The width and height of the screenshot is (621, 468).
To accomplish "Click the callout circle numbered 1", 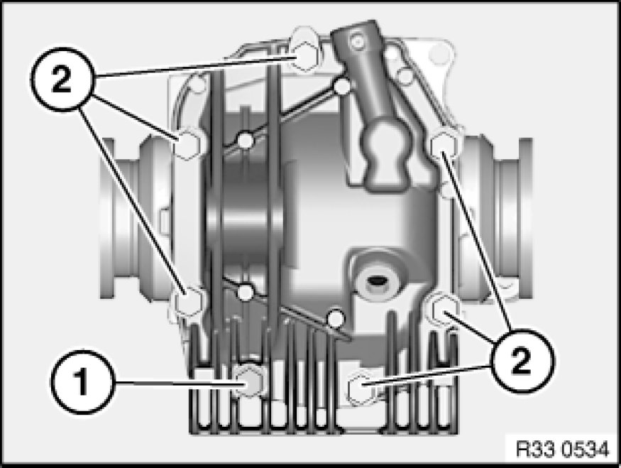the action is pos(82,382).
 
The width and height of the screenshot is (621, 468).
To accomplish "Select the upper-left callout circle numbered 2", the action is pos(62,80).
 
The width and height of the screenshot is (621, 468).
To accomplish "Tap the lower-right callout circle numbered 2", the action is pos(521,361).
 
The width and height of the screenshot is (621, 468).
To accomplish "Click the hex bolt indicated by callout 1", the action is pos(248,381).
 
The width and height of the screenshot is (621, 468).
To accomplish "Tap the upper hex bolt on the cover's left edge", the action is pos(187,144).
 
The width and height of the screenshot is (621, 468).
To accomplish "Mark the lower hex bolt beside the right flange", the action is pos(441,309).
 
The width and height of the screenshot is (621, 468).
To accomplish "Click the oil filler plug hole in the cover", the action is pos(375,281).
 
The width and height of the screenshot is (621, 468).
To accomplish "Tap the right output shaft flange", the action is pos(495,218).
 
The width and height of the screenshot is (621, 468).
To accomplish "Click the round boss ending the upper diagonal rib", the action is pos(342,86).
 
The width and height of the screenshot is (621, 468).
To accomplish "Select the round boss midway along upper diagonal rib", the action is pos(246,141).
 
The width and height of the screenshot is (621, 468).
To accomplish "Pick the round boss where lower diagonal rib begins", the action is pos(246,293).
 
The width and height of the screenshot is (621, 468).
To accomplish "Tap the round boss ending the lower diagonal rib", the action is pos(336,317).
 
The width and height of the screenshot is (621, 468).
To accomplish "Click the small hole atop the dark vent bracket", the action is pos(358,40).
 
